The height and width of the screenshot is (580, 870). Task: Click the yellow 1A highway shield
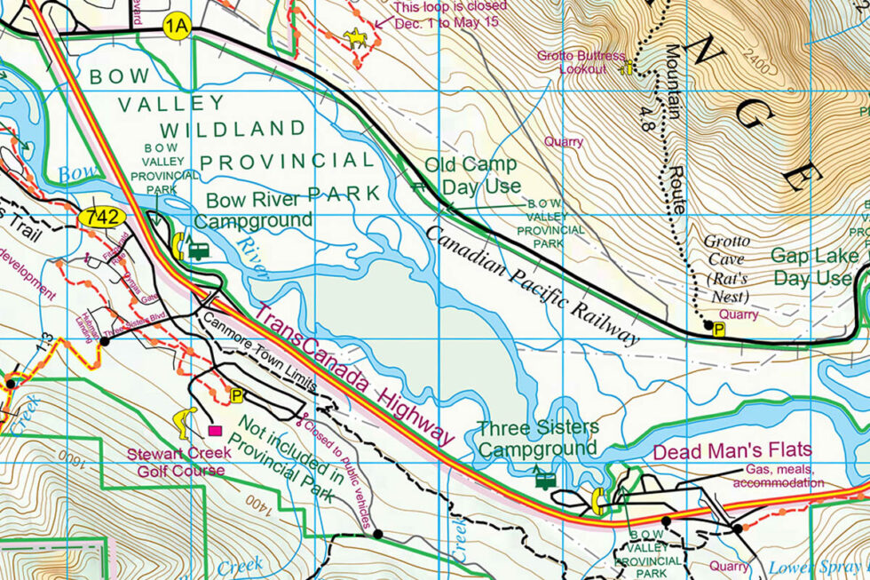click(x=177, y=28)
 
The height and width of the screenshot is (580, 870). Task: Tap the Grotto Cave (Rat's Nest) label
click(x=725, y=268)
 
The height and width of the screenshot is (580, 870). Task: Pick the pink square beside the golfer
click(x=214, y=431)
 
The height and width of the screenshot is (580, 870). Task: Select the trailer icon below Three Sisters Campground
click(x=545, y=480)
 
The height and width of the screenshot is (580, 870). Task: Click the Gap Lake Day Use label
click(x=814, y=266)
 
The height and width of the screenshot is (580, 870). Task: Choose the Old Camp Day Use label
click(x=472, y=176)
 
